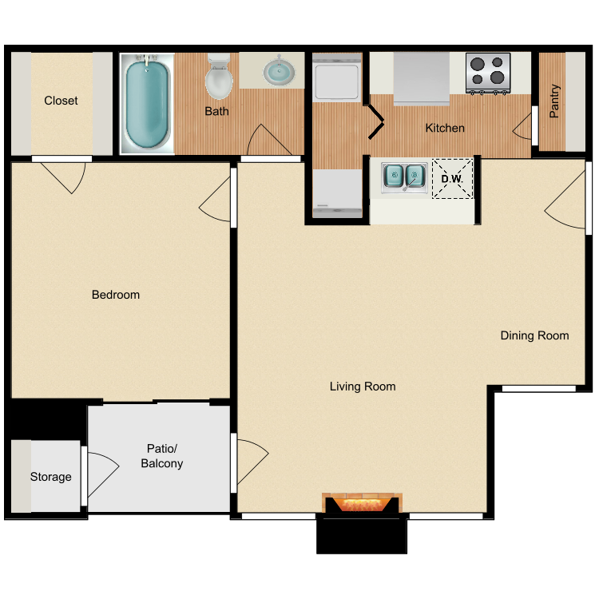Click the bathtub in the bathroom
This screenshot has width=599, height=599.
pyautogui.click(x=147, y=104)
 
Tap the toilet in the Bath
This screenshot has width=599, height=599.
pyautogui.click(x=219, y=77)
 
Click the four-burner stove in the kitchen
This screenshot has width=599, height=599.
pyautogui.click(x=488, y=73)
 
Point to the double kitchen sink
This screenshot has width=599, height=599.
pyautogui.click(x=404, y=177)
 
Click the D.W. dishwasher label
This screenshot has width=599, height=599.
pyautogui.click(x=452, y=179)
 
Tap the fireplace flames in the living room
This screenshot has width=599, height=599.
pyautogui.click(x=361, y=504)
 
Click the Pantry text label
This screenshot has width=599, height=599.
pyautogui.click(x=554, y=101)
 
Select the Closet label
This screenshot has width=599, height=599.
pyautogui.click(x=61, y=101)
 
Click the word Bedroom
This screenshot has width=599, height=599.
pyautogui.click(x=116, y=295)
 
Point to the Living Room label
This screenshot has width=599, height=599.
pyautogui.click(x=363, y=387)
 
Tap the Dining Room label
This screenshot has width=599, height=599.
pyautogui.click(x=534, y=335)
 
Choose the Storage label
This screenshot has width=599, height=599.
pyautogui.click(x=51, y=477)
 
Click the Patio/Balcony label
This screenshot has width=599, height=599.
pyautogui.click(x=162, y=456)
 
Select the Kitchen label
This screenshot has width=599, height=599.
pyautogui.click(x=445, y=128)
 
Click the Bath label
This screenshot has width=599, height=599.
pyautogui.click(x=216, y=111)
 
